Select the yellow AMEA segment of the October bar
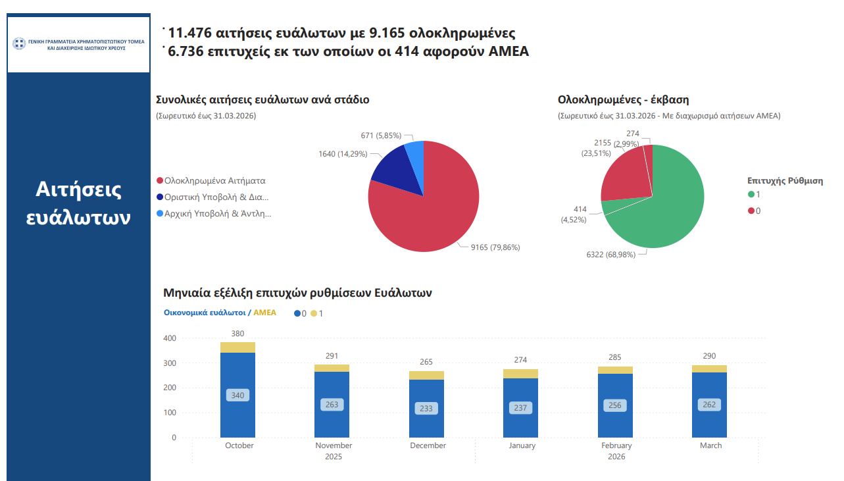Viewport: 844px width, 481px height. [x=237, y=347]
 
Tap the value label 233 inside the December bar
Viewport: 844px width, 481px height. [x=426, y=409]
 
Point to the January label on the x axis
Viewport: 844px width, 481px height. [x=522, y=445]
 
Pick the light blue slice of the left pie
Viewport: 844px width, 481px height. [x=415, y=152]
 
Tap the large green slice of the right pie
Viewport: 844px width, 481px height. [x=664, y=204]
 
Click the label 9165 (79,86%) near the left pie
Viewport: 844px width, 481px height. [x=495, y=247]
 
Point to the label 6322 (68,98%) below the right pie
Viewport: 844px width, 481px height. [x=611, y=254]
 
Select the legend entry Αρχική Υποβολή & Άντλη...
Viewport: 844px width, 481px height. [x=218, y=213]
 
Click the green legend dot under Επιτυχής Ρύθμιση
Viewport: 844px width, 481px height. [x=751, y=194]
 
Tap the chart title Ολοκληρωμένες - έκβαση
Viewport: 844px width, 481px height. [x=623, y=100]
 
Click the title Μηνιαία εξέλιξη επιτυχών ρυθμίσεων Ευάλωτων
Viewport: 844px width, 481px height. [x=297, y=293]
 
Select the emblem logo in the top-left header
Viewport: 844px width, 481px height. [x=19, y=44]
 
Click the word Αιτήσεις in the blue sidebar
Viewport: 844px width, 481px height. [x=78, y=190]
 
